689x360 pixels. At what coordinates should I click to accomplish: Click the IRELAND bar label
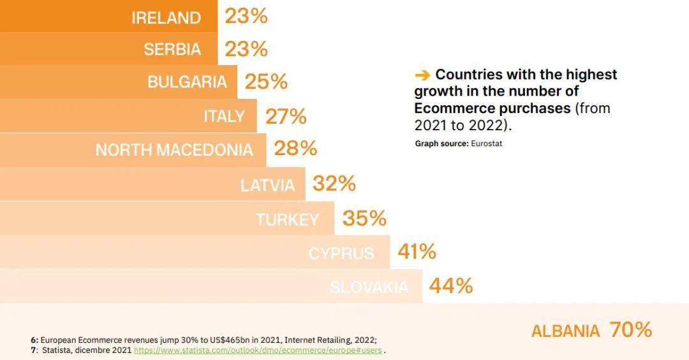coord(166,17)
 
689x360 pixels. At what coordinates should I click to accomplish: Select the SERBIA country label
coord(172,49)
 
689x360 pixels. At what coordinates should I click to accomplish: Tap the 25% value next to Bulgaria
coord(266,82)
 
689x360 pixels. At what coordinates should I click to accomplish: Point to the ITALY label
coord(224,116)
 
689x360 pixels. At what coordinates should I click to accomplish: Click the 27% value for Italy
coord(286,116)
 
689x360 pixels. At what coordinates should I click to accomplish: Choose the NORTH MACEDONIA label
coord(174,150)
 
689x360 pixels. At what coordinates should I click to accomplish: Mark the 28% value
coord(295,149)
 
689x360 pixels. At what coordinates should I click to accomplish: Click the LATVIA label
coord(267,185)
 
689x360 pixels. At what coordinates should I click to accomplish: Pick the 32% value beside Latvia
coord(334,184)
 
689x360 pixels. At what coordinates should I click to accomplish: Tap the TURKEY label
coord(287,220)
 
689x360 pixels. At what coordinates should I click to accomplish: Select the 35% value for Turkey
coord(364,218)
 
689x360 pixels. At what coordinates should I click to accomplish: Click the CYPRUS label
coord(341,253)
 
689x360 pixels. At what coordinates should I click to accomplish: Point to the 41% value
coord(417,251)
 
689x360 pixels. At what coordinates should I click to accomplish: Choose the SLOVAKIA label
coord(369,287)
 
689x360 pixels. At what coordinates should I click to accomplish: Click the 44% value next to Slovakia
coord(450,286)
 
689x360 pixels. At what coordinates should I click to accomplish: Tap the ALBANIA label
coord(565,331)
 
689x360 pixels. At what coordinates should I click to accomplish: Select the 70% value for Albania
coord(630,329)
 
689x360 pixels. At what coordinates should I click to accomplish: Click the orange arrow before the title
coord(422,75)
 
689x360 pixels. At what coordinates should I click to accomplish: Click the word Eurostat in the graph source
coord(486,144)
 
